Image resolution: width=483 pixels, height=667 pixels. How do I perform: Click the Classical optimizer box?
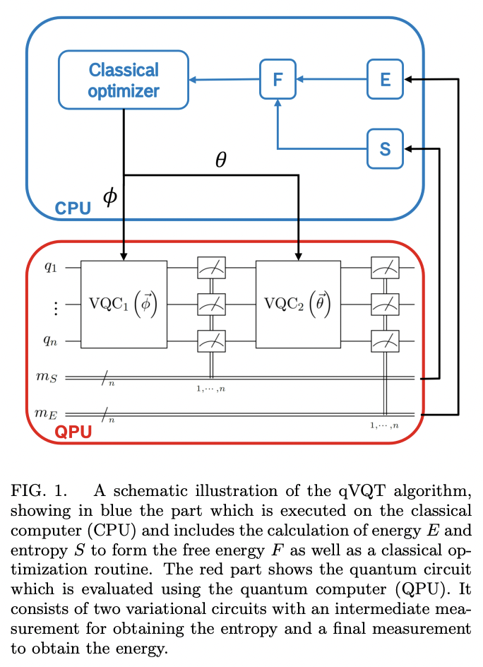click(124, 80)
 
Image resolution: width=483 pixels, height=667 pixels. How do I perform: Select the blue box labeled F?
click(278, 79)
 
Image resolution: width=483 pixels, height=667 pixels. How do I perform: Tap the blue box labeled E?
click(385, 79)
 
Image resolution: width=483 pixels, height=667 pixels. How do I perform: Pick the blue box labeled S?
click(385, 148)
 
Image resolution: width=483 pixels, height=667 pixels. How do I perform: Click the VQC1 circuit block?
click(124, 304)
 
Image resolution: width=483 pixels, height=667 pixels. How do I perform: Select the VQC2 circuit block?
click(299, 304)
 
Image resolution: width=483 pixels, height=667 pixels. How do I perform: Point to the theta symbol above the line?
click(221, 160)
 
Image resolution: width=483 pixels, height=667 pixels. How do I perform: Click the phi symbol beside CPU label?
click(110, 197)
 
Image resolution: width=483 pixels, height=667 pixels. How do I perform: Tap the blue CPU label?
click(73, 208)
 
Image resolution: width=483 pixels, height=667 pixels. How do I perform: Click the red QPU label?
click(74, 432)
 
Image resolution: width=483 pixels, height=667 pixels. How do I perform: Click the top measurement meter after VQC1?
click(210, 268)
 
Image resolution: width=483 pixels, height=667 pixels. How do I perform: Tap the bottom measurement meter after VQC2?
click(385, 341)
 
